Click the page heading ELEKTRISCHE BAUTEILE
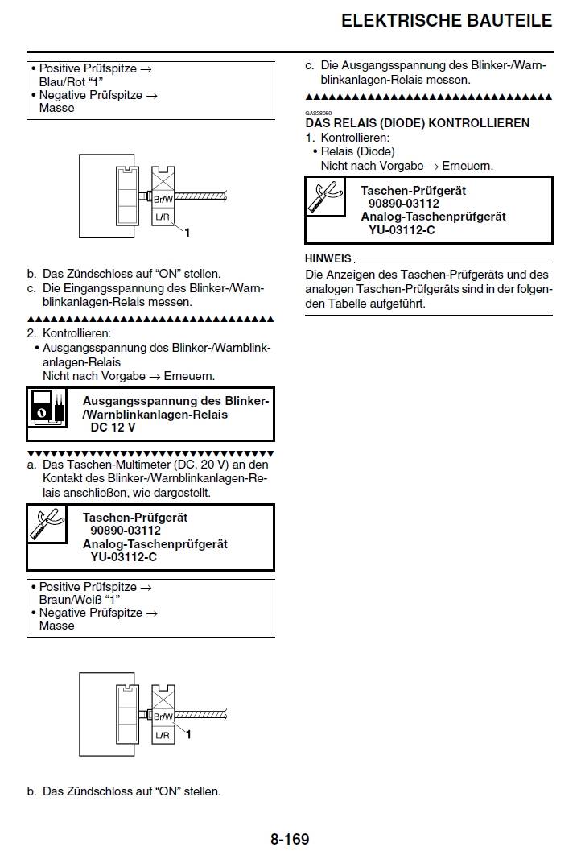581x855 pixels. (447, 20)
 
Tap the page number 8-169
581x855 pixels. (290, 839)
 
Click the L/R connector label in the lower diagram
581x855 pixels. (163, 735)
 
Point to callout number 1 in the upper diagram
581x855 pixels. (187, 233)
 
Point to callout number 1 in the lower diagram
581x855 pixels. (187, 734)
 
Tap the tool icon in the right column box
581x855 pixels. (325, 198)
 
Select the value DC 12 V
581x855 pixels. (113, 427)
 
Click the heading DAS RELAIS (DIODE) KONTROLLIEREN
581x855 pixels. (417, 123)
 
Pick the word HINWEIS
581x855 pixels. (328, 258)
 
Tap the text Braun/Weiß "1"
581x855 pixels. (79, 600)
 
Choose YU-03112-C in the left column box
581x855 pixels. (123, 557)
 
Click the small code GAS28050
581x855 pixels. (319, 113)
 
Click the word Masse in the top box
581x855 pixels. (56, 108)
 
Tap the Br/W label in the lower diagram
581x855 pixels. (163, 716)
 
